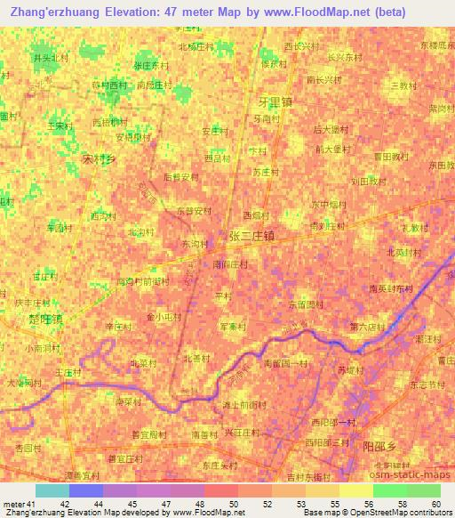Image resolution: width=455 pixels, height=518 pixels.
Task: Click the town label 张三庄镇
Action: point(251,237)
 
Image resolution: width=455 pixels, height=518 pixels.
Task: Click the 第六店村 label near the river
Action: point(365,327)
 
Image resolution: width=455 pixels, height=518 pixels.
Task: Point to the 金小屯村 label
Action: point(164,316)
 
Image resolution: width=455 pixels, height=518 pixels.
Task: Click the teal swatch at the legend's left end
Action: point(52,490)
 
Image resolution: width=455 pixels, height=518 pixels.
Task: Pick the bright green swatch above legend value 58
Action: point(389,490)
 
